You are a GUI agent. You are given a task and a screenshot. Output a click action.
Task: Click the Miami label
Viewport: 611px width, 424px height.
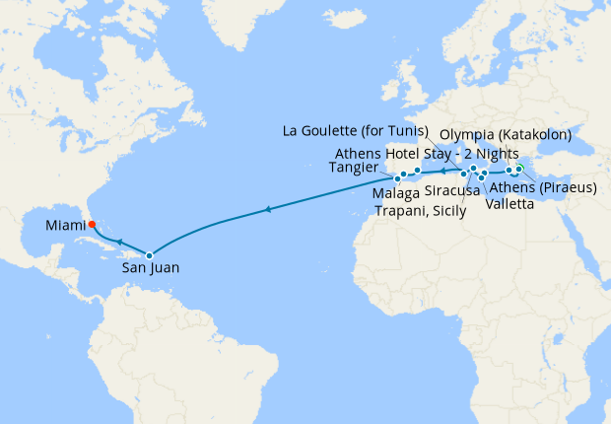point(66,227)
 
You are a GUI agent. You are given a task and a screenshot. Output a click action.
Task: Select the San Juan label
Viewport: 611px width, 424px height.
point(151,266)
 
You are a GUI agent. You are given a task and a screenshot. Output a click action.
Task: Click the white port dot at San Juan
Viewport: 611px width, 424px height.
point(150,255)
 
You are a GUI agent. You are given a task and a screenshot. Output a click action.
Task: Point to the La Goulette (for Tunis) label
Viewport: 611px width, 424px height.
point(355,130)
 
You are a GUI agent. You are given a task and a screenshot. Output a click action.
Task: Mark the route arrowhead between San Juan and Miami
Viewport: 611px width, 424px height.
point(117,241)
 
